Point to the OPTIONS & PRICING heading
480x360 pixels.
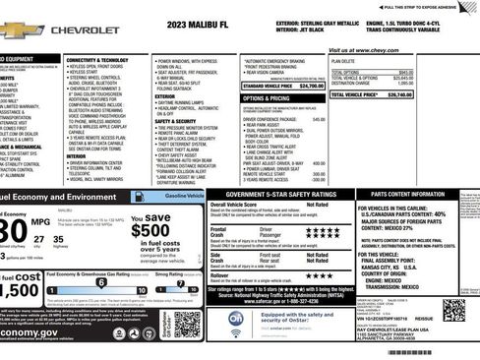click(266, 98)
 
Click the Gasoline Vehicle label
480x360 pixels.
click(184, 197)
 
